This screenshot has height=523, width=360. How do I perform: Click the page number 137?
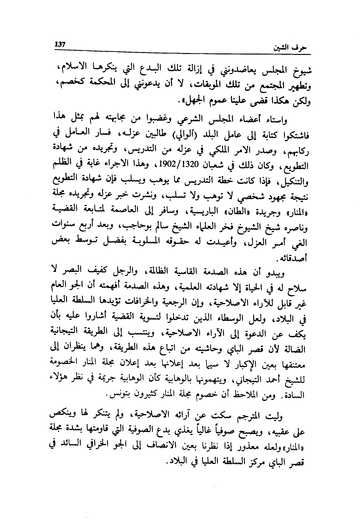(61, 44)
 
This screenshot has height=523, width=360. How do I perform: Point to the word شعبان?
(197, 166)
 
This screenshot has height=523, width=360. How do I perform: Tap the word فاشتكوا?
(296, 135)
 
